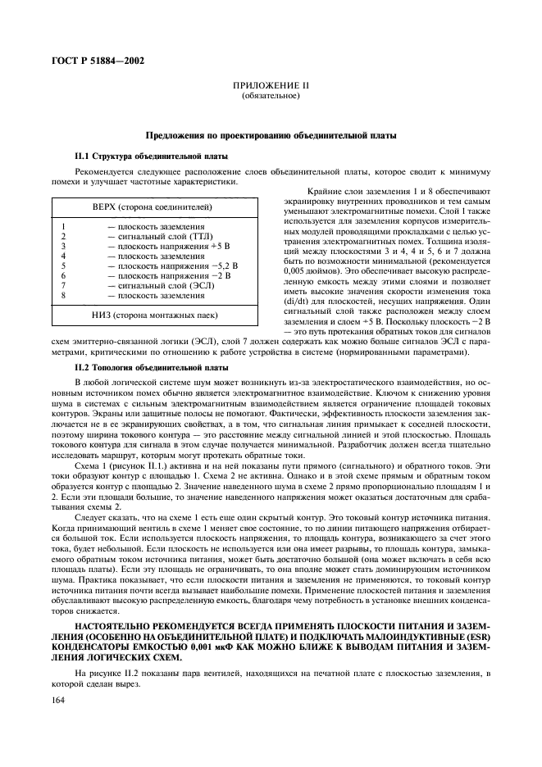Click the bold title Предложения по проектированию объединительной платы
tap(271, 134)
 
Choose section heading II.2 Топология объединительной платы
tap(136, 369)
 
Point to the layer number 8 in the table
tap(63, 295)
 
